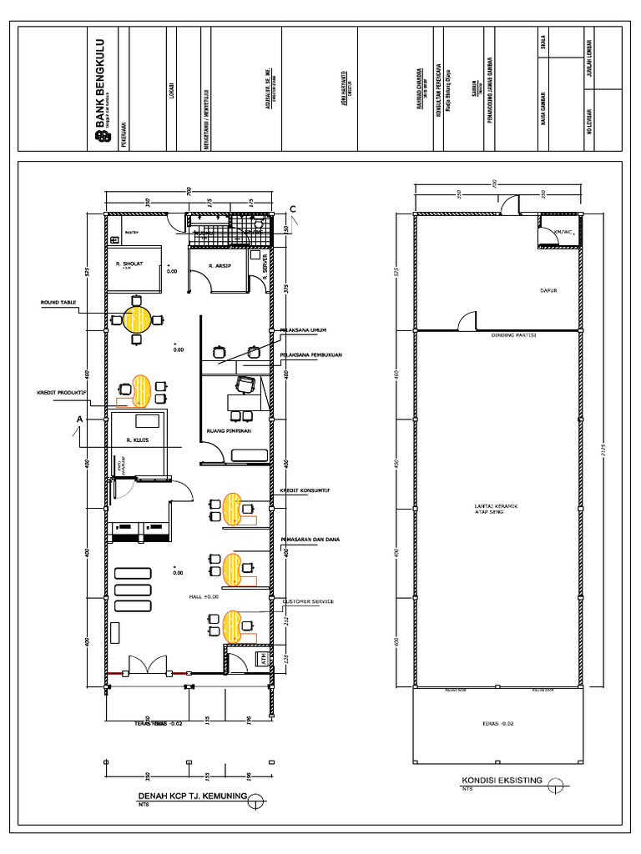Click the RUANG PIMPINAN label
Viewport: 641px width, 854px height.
pos(229,431)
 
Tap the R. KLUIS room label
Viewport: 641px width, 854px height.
pos(137,440)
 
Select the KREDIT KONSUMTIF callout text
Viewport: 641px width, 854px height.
pos(305,491)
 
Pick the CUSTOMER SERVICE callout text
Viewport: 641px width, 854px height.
pos(309,601)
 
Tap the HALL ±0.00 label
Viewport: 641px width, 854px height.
pos(204,597)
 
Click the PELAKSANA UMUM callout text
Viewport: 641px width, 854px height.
pos(302,329)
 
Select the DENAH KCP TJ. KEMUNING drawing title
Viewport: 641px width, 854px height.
pos(193,796)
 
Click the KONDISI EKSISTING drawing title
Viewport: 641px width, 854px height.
pos(502,780)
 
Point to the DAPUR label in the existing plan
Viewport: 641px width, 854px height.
pos(548,291)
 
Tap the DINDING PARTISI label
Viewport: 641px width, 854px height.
pos(512,336)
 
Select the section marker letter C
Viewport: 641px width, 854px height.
pos(293,208)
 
